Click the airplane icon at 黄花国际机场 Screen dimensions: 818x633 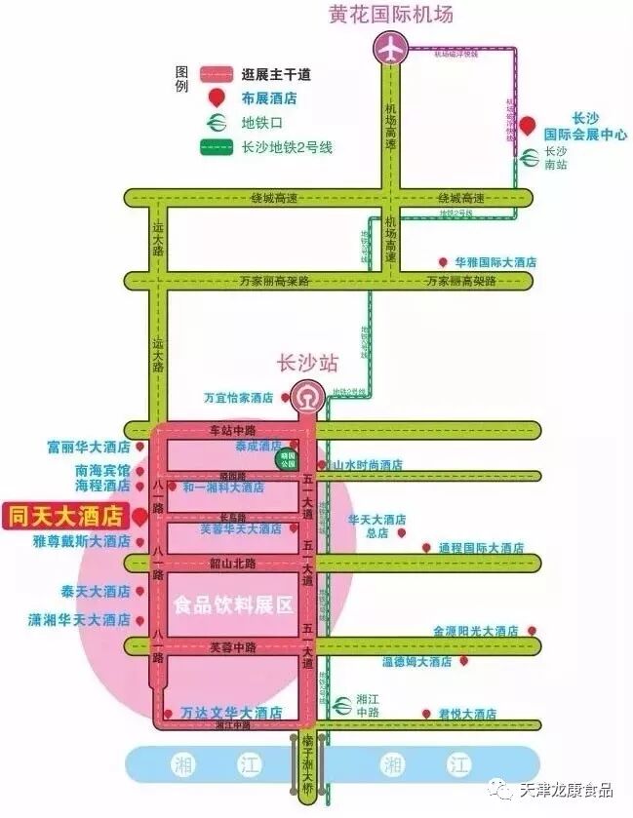pyautogui.click(x=392, y=48)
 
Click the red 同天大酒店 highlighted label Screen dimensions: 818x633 pyautogui.click(x=66, y=513)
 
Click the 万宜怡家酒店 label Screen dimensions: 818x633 pyautogui.click(x=238, y=398)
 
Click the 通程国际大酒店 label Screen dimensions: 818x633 pyautogui.click(x=481, y=548)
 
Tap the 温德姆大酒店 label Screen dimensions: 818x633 pyautogui.click(x=416, y=661)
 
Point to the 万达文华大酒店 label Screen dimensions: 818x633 pyautogui.click(x=232, y=712)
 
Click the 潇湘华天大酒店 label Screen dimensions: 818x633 pyautogui.click(x=79, y=619)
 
